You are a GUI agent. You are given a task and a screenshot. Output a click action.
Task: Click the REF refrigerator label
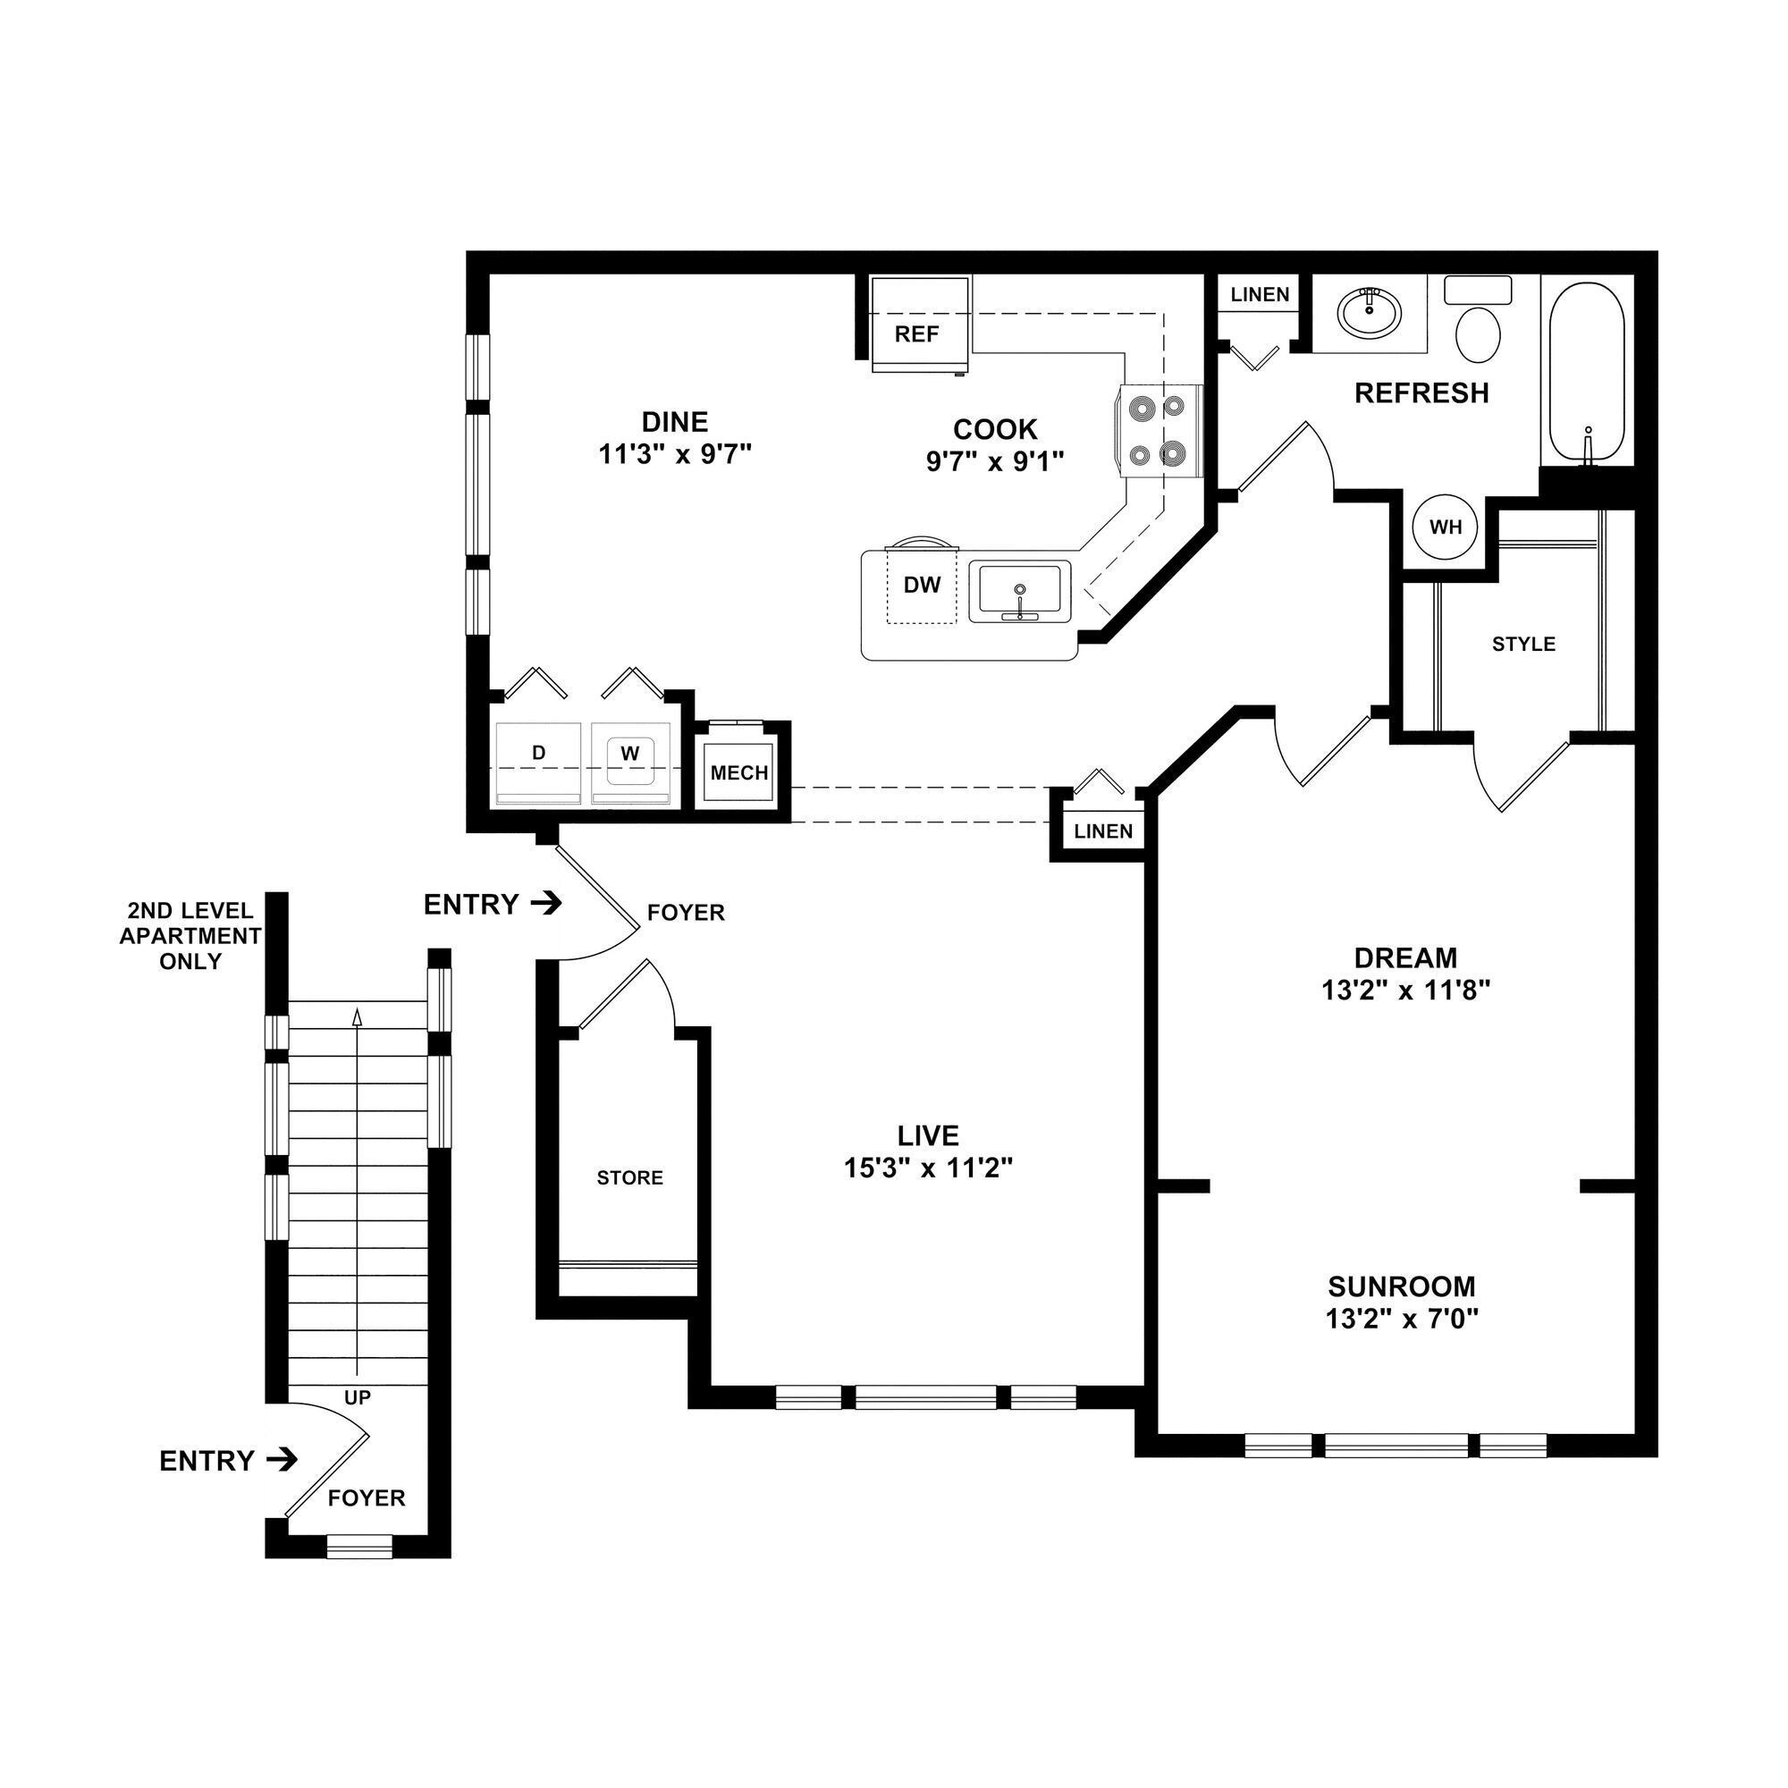pyautogui.click(x=916, y=334)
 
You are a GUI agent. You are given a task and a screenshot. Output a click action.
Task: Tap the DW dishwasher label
pyautogui.click(x=922, y=585)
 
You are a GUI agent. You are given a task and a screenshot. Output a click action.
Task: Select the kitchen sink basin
pyautogui.click(x=1020, y=590)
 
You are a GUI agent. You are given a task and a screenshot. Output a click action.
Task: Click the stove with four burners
pyautogui.click(x=1160, y=431)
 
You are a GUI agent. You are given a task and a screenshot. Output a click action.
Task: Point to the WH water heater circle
pyautogui.click(x=1445, y=527)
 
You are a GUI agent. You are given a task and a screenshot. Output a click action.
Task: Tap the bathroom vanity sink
pyautogui.click(x=1369, y=313)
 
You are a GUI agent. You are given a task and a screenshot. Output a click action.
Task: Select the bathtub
pyautogui.click(x=1586, y=373)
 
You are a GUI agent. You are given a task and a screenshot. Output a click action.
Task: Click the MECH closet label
pyautogui.click(x=738, y=772)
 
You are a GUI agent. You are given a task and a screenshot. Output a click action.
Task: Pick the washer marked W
pyautogui.click(x=630, y=755)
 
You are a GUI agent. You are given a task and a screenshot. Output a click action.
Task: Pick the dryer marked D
pyautogui.click(x=538, y=755)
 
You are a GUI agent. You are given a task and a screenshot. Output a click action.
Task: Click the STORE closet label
pyautogui.click(x=629, y=1178)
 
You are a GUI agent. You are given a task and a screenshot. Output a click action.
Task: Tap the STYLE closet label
pyautogui.click(x=1523, y=644)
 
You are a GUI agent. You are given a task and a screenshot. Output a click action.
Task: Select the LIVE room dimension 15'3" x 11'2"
pyautogui.click(x=927, y=1168)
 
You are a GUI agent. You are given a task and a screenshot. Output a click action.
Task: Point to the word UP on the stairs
pyautogui.click(x=358, y=1397)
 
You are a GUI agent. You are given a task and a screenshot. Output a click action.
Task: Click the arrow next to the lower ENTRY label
pyautogui.click(x=283, y=1461)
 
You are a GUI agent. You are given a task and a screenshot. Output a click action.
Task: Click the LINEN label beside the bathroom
pyautogui.click(x=1260, y=295)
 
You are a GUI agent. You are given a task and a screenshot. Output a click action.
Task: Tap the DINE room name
pyautogui.click(x=675, y=422)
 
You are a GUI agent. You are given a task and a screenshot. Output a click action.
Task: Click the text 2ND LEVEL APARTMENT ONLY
pyautogui.click(x=190, y=936)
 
